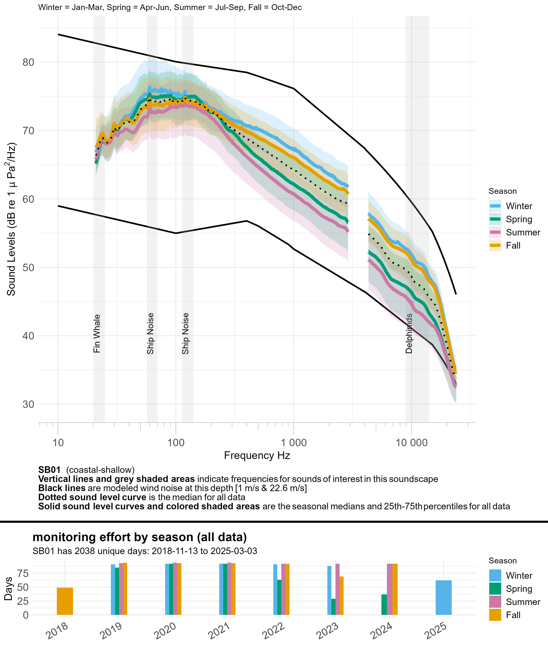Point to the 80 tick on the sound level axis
[28, 62]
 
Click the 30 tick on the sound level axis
[28, 404]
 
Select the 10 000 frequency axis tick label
[412, 443]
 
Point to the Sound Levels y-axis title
[11, 219]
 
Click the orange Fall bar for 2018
[65, 601]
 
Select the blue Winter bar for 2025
[443, 598]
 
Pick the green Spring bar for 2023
[333, 607]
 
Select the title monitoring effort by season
[140, 537]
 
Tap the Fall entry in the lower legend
[513, 615]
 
